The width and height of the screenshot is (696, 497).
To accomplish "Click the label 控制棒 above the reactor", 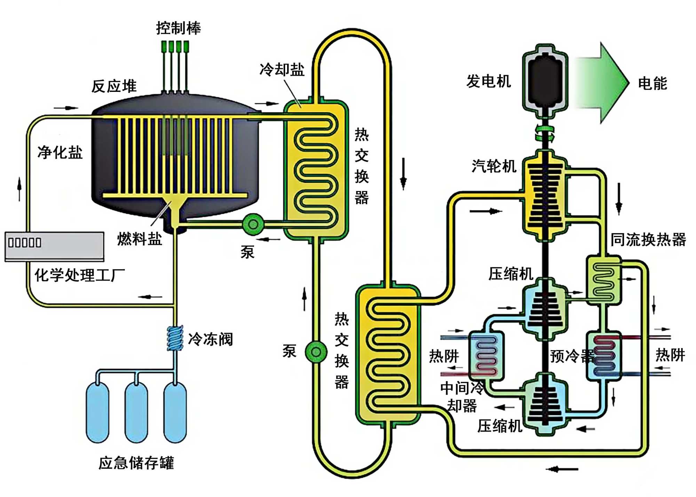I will (x=178, y=28).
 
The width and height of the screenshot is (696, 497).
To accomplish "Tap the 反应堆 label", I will (x=114, y=86).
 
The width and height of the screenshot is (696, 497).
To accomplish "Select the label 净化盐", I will (x=60, y=152).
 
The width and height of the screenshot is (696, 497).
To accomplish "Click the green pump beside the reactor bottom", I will (x=253, y=224).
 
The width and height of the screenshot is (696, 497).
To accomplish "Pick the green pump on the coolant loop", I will (x=316, y=352).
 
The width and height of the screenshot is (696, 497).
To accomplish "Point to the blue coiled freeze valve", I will (x=175, y=338).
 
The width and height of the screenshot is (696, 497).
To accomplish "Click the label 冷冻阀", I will (x=210, y=339).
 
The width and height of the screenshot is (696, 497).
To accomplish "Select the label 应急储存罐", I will (x=136, y=463).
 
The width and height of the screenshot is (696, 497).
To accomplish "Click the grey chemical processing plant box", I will (x=54, y=246).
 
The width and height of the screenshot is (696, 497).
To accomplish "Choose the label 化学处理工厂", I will (x=79, y=275).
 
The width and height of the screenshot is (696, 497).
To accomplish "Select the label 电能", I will (x=652, y=84).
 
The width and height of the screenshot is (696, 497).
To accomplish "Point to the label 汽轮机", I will (x=494, y=166).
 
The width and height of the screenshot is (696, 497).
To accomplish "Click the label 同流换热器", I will (x=648, y=240).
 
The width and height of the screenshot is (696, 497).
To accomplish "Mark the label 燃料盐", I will (x=140, y=239).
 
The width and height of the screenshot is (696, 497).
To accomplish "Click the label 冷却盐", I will (x=282, y=70).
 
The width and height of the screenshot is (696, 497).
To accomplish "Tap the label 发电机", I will (x=489, y=81).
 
